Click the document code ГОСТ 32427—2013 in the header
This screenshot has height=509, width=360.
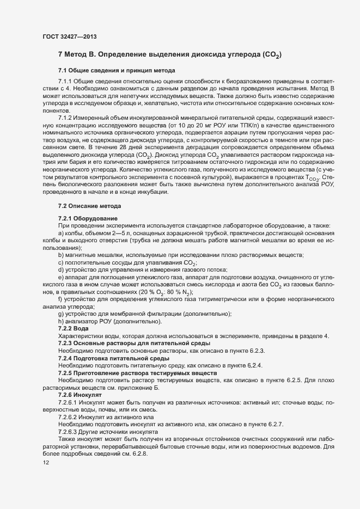tap(70, 36)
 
